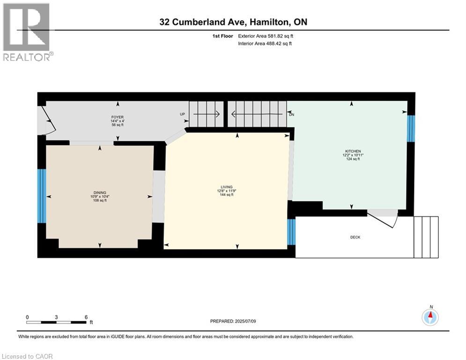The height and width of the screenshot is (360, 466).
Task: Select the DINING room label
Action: [99, 193]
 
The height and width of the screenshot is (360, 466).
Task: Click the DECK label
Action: [355, 237]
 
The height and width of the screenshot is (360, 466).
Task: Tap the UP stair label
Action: [183, 114]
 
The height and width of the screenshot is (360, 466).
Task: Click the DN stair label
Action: [291, 114]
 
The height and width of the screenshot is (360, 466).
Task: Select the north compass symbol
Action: [430, 317]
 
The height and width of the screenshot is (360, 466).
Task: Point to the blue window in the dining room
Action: [41, 195]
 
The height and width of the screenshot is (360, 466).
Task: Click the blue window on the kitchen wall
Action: [411, 128]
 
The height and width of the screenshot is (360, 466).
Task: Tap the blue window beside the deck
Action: [291, 232]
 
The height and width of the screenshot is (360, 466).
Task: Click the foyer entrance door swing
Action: [48, 120]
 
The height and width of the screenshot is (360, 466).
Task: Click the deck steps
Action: [426, 237]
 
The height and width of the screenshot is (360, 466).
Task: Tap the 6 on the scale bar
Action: [86, 317]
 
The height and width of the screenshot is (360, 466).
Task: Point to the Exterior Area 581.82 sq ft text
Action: [266, 36]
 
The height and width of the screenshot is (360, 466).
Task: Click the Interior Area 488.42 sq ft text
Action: [265, 44]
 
